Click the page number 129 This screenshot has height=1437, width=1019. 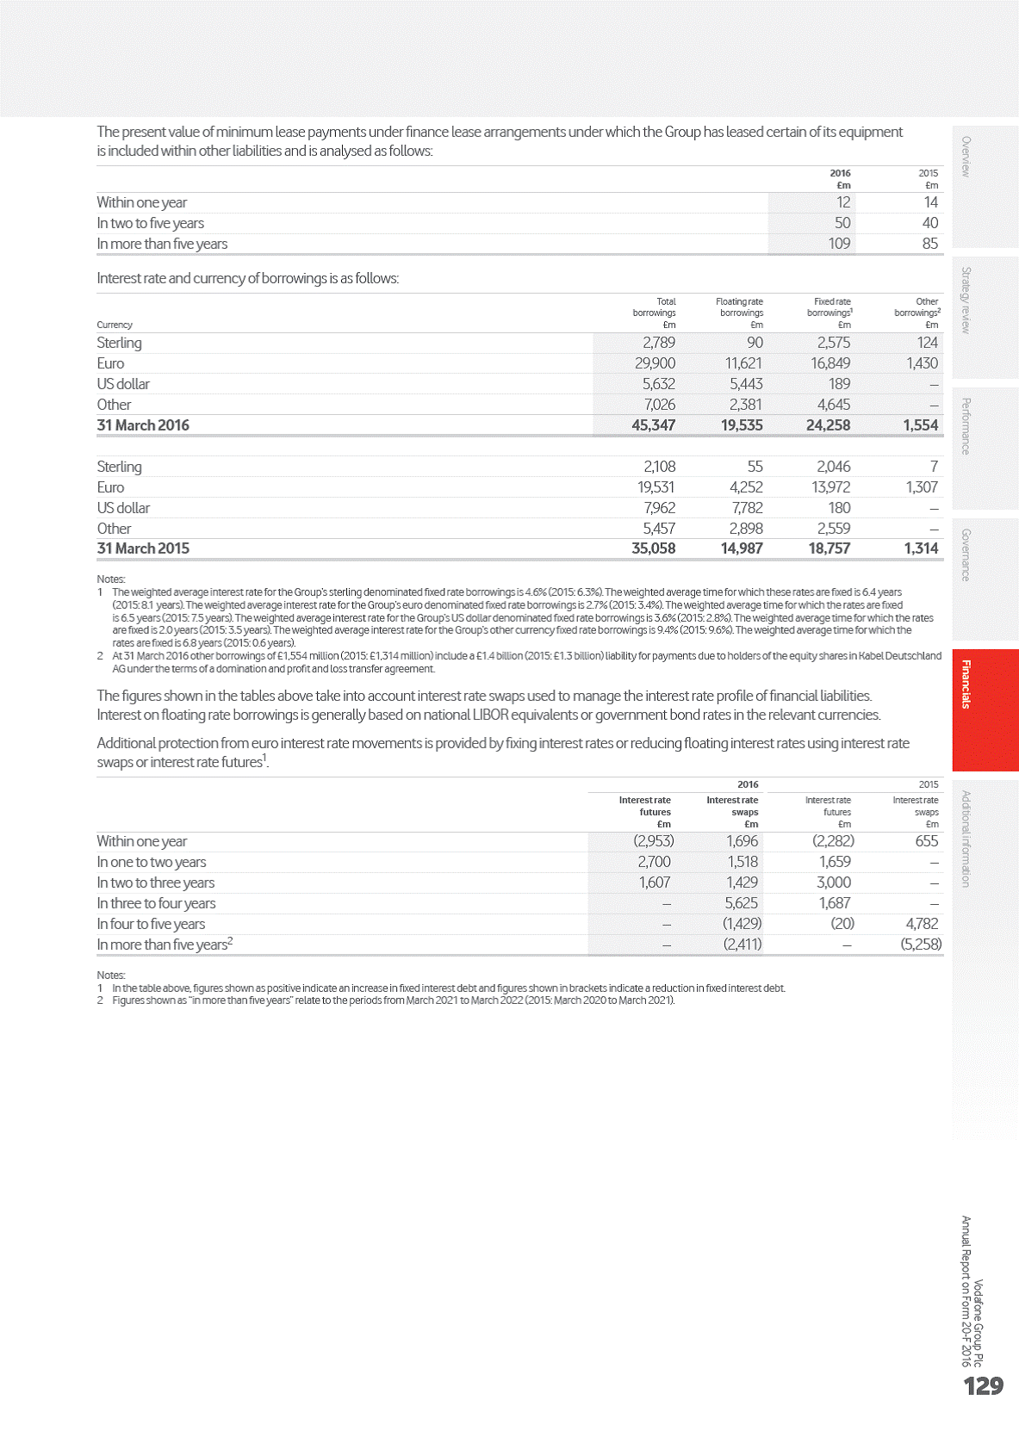pos(983,1385)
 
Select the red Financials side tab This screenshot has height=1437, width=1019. pos(966,684)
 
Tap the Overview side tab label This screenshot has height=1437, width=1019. pos(966,157)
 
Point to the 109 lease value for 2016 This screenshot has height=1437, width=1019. pos(838,244)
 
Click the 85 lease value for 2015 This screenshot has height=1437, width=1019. pos(929,244)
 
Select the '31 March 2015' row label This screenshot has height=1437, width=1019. pos(143,548)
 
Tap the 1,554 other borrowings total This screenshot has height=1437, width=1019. pos(920,425)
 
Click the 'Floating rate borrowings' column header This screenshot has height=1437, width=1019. pos(739,307)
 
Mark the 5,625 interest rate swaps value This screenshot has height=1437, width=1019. pos(741,903)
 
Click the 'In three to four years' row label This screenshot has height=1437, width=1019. pos(156,903)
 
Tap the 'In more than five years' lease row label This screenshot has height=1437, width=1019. pos(162,244)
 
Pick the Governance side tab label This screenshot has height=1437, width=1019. pos(966,555)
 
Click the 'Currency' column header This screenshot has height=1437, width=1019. pos(115,325)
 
